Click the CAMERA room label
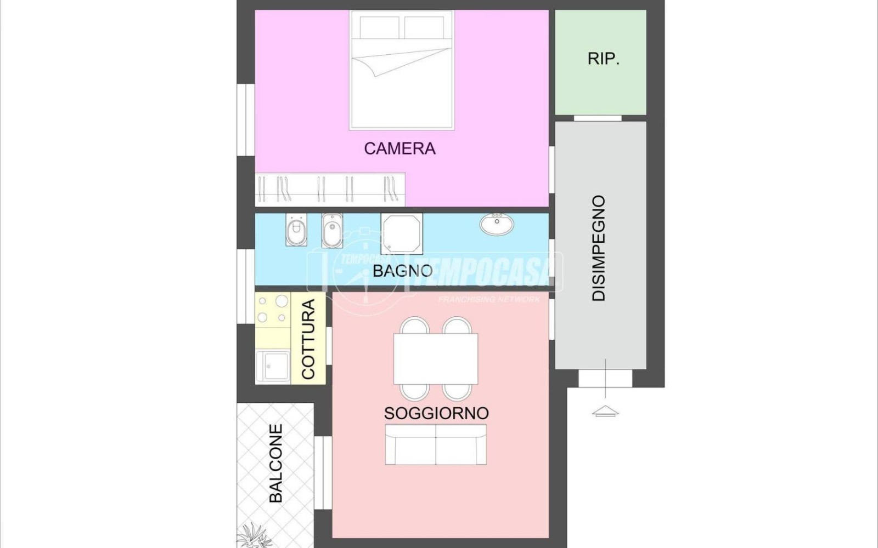pyautogui.click(x=400, y=149)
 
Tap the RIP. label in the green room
pyautogui.click(x=603, y=59)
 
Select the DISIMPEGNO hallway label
pyautogui.click(x=599, y=248)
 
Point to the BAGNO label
pyautogui.click(x=403, y=271)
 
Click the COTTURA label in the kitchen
pyautogui.click(x=308, y=339)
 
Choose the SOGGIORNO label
pyautogui.click(x=436, y=413)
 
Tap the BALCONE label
pyautogui.click(x=276, y=464)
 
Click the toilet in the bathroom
pyautogui.click(x=296, y=230)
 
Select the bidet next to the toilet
pyautogui.click(x=332, y=231)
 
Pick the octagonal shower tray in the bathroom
pyautogui.click(x=402, y=234)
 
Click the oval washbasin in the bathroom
pyautogui.click(x=497, y=224)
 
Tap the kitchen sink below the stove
pyautogui.click(x=273, y=367)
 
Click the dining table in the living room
pyautogui.click(x=436, y=358)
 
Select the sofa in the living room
pyautogui.click(x=436, y=444)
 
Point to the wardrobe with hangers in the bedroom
pyautogui.click(x=330, y=190)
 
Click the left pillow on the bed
pyautogui.click(x=379, y=27)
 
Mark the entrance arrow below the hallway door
pyautogui.click(x=605, y=412)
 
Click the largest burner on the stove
pyautogui.click(x=282, y=301)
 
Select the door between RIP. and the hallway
pyautogui.click(x=598, y=118)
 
